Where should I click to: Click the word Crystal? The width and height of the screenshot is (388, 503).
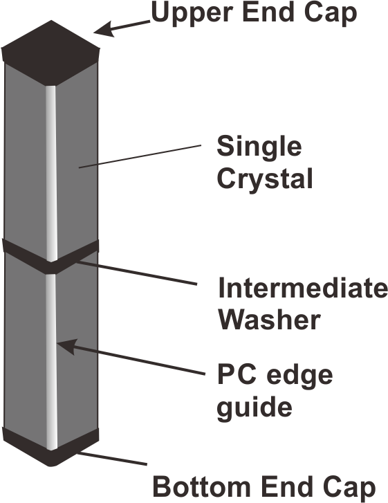265,179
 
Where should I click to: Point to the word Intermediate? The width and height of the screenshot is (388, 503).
303,287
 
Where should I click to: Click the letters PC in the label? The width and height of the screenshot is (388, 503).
237,374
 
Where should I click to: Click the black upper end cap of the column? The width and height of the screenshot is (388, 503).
50,53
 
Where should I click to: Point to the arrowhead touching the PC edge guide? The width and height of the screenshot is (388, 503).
66,347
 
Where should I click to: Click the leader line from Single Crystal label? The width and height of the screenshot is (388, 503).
140,156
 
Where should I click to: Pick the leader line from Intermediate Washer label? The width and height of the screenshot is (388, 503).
137,273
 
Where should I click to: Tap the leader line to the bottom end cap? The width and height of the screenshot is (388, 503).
112,459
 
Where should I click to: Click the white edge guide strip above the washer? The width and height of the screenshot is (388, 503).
51,173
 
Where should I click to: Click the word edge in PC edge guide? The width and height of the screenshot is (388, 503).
299,376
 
